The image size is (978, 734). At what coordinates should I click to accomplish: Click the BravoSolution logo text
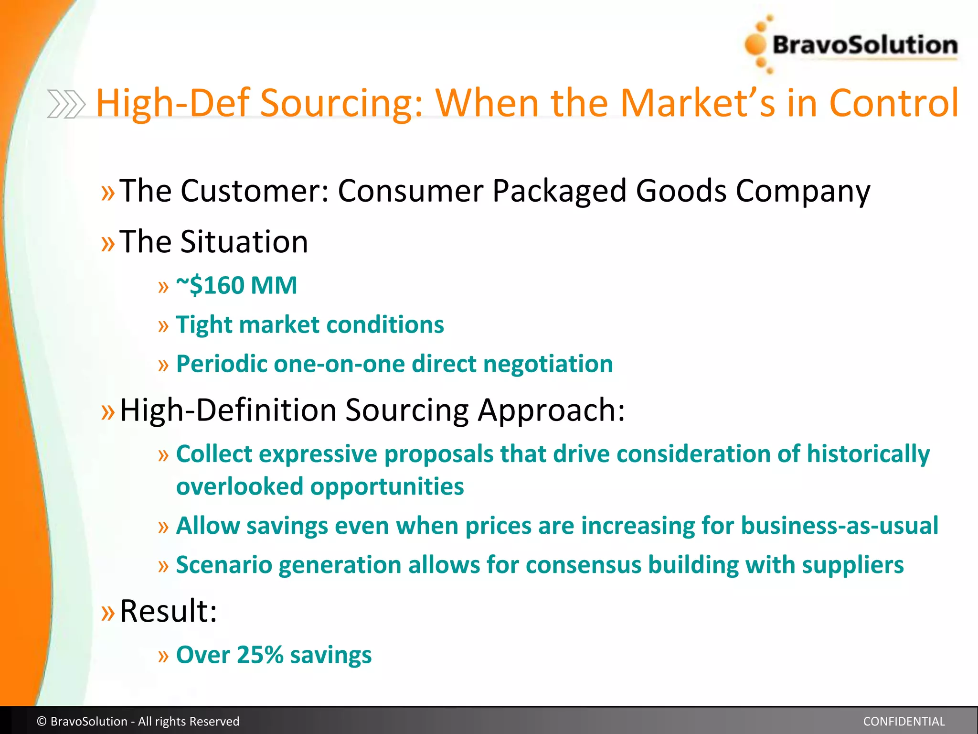[864, 45]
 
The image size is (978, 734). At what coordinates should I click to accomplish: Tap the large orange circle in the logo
[755, 45]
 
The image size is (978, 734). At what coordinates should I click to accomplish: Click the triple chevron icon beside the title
[66, 104]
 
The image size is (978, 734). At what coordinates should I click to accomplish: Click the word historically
[868, 454]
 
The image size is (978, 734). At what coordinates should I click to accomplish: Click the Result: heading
[168, 611]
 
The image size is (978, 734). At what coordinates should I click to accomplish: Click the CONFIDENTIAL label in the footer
[904, 722]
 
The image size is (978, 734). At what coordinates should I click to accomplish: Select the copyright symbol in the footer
[42, 722]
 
